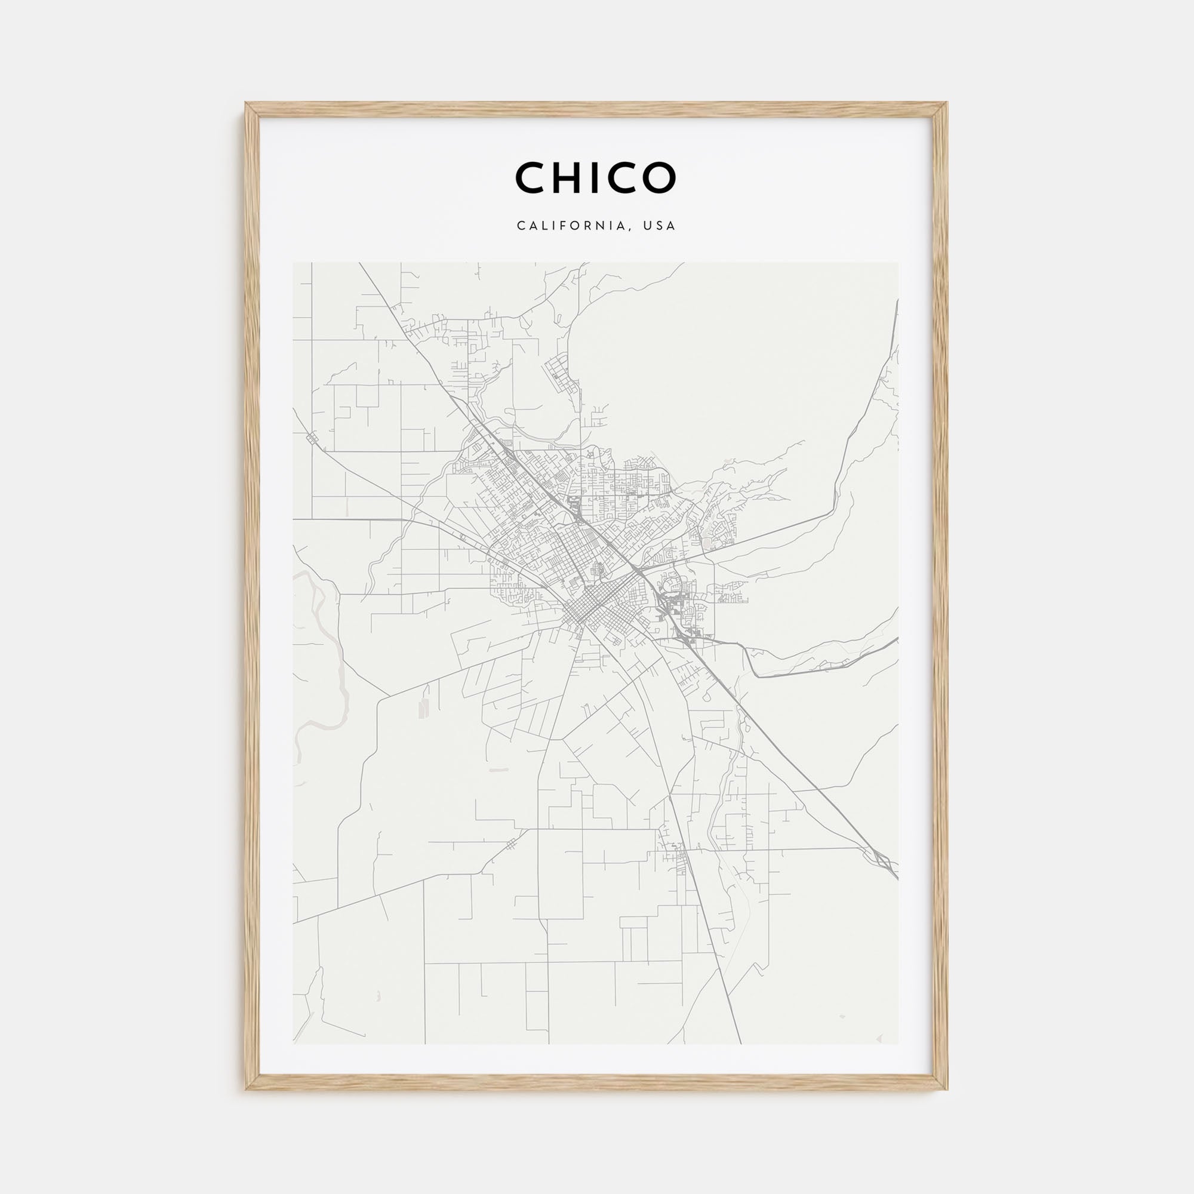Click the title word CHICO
(x=596, y=177)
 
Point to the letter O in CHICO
(x=657, y=177)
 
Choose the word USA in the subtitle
(x=660, y=226)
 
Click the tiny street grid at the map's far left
(x=313, y=438)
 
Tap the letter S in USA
(x=660, y=226)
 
